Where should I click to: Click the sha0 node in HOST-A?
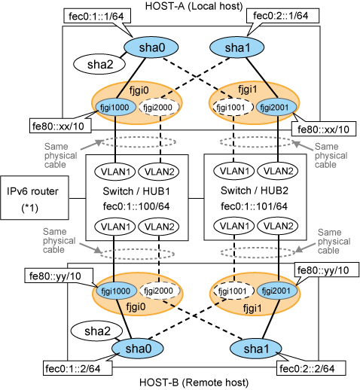coord(151,47)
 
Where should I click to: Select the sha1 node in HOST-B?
coord(256,349)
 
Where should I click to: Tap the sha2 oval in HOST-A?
coord(99,64)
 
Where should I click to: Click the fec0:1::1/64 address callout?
coord(97,17)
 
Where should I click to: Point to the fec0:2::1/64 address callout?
coord(282,16)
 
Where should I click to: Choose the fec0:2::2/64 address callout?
coord(311,368)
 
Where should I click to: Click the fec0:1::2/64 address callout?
coord(78,368)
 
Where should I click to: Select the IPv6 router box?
coord(35,198)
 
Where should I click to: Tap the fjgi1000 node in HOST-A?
coord(114,108)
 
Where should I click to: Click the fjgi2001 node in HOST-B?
coord(276,291)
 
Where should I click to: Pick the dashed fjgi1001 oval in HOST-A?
coord(231,108)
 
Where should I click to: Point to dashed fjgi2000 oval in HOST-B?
coord(159,291)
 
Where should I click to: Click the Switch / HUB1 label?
coord(136,191)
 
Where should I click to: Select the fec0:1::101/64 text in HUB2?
coord(254,206)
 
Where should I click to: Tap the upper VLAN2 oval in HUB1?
coord(159,172)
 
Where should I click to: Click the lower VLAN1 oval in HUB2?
coord(233,226)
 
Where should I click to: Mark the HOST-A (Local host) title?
coord(194,6)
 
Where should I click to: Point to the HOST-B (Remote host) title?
coord(194,382)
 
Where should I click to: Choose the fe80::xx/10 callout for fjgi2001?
coord(324,129)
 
